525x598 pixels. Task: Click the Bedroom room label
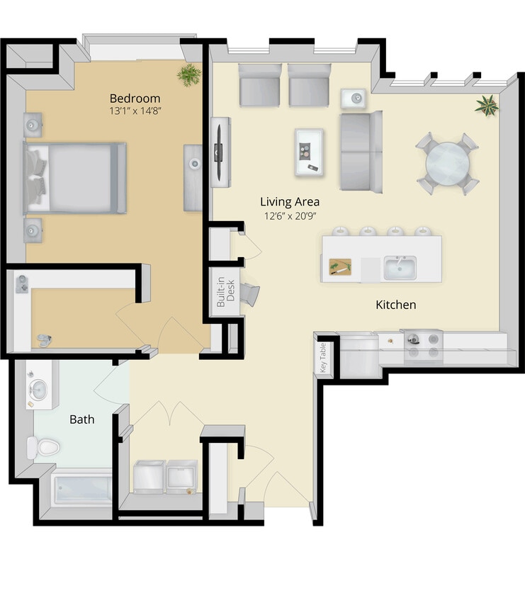click(x=135, y=98)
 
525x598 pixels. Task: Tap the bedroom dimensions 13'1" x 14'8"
click(x=135, y=111)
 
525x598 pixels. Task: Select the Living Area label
click(x=289, y=201)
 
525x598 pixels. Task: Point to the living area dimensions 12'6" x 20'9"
click(x=289, y=215)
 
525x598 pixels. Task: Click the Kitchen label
click(x=395, y=305)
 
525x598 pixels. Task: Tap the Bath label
click(x=81, y=419)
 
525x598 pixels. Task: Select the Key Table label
click(x=324, y=358)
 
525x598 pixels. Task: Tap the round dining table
click(x=447, y=164)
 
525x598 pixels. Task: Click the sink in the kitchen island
click(x=400, y=268)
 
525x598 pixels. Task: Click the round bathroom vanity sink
click(x=38, y=389)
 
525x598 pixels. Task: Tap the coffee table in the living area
click(x=309, y=152)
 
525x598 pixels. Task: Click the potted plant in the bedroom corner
click(x=189, y=74)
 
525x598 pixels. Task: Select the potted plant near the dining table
click(x=487, y=106)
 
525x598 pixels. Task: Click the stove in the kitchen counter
click(x=423, y=346)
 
